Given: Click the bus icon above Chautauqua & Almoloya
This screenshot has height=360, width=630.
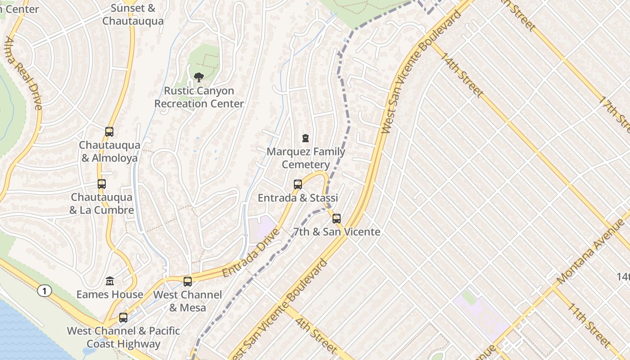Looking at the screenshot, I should (109, 132).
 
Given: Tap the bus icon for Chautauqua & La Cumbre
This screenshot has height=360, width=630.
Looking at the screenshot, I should (102, 184).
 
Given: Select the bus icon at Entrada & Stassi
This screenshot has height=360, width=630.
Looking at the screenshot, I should (297, 184).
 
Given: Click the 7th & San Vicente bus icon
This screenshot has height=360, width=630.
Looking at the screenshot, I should (337, 219).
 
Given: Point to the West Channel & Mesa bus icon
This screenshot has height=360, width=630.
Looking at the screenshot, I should (188, 282).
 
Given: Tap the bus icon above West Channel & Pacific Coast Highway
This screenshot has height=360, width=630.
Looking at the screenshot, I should (123, 318).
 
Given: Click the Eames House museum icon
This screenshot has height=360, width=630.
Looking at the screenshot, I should (110, 281).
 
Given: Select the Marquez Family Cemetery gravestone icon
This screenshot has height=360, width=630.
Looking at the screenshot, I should (306, 138).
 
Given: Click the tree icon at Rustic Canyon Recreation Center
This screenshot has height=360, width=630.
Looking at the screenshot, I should (198, 77).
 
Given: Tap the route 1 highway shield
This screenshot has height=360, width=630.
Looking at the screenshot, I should (44, 291).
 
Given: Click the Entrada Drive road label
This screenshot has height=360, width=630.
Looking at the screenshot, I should (250, 253).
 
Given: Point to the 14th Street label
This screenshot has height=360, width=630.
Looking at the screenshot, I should (462, 75).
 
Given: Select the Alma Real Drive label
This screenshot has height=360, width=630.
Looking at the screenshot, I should (23, 73).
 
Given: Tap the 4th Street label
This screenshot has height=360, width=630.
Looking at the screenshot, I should (316, 335).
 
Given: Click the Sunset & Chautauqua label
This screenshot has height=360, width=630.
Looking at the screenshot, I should (133, 14).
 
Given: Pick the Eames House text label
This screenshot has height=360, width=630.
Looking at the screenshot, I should (110, 294).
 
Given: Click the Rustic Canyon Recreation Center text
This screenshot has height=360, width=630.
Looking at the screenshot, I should (199, 97).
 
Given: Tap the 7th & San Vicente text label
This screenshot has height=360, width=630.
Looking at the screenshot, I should (337, 232).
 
